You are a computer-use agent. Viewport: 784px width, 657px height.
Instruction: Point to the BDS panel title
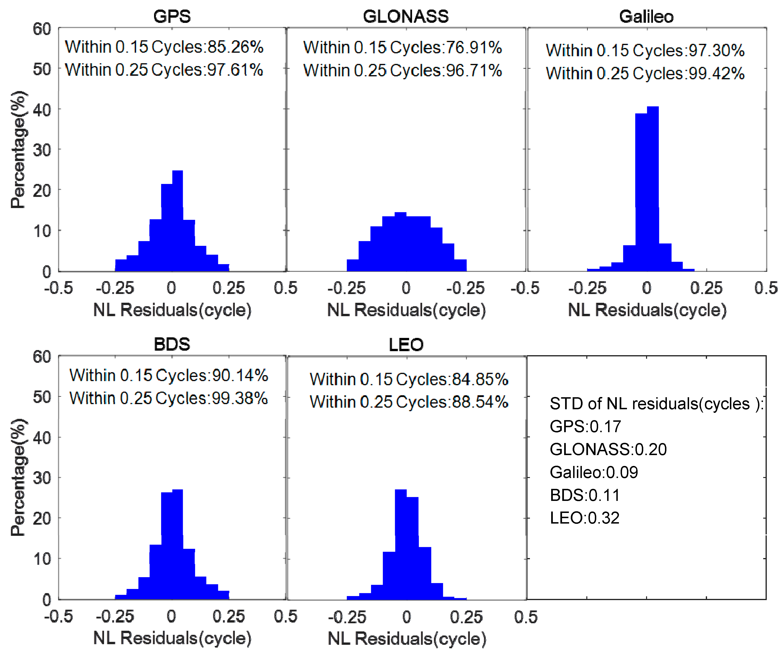tap(172, 344)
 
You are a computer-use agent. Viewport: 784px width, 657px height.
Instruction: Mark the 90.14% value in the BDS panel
tap(240, 375)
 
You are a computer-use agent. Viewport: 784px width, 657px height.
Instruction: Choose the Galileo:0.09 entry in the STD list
tap(594, 473)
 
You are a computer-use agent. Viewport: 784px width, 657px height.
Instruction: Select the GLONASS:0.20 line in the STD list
tap(608, 449)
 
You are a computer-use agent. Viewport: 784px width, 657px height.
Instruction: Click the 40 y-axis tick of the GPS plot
tap(42, 110)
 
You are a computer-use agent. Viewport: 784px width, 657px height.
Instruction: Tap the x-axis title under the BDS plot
tap(172, 638)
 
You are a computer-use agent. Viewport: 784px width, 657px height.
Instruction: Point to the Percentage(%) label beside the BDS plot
tap(18, 478)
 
